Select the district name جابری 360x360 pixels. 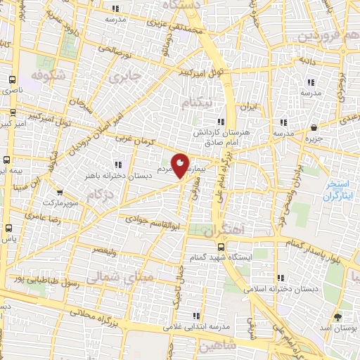pos(130,73)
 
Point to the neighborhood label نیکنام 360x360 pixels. pos(196,103)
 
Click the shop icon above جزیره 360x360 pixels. pos(314,128)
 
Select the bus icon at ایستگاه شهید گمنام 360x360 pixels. pos(221,247)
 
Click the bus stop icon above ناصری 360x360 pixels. pos(12,80)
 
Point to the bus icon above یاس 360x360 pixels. pos(8,229)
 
